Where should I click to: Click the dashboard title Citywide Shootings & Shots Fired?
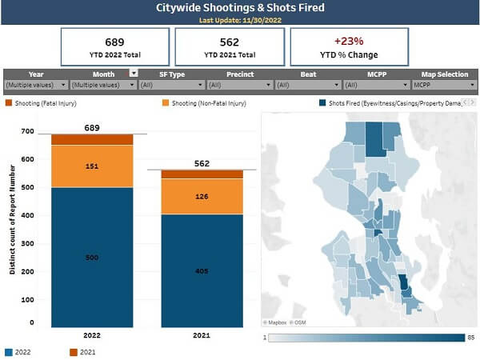[x=240, y=8]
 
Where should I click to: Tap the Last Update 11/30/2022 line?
[x=240, y=21]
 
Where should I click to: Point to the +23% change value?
[x=348, y=41]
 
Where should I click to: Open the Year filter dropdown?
[x=36, y=85]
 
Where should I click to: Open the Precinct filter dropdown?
[x=240, y=85]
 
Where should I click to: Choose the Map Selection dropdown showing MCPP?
[x=444, y=85]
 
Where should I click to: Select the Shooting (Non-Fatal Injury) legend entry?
[x=208, y=103]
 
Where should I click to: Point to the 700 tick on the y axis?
[x=28, y=131]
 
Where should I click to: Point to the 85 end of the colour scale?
[x=471, y=338]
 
